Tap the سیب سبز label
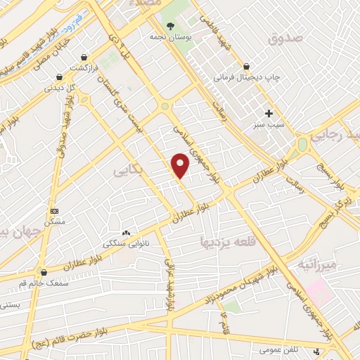coord(269,124)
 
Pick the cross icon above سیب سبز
coord(269,112)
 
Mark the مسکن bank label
coord(55,221)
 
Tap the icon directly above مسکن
coord(55,210)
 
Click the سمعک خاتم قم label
coord(45,283)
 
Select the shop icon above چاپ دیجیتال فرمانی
coord(245,66)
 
